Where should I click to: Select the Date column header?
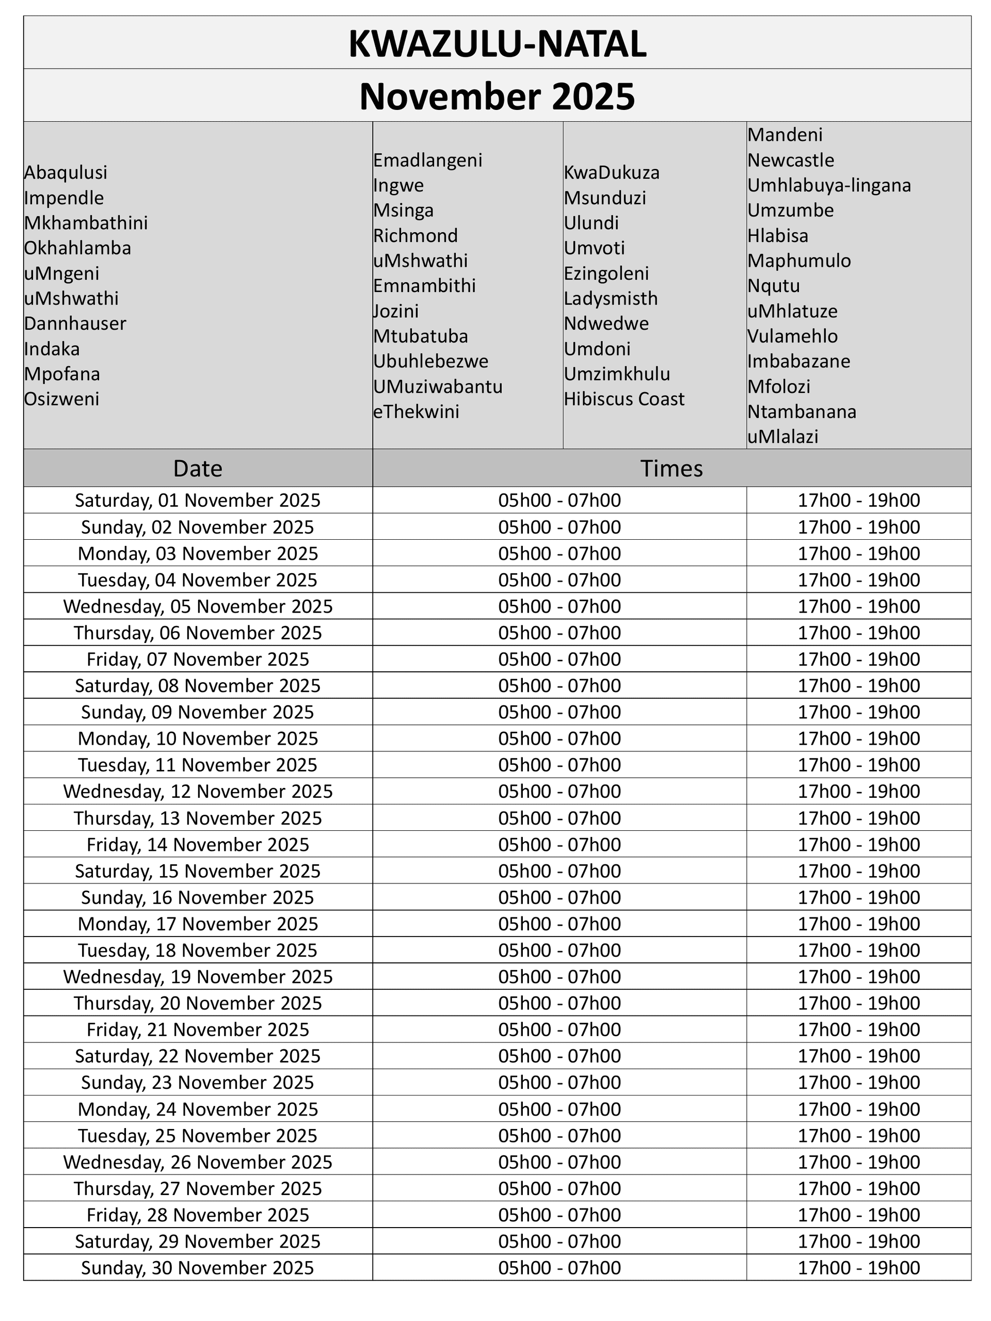(198, 469)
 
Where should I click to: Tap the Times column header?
(672, 469)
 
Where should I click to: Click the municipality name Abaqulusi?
(66, 172)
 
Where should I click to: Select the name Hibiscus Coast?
(624, 399)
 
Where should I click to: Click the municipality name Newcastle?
(791, 160)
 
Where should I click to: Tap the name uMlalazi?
(782, 437)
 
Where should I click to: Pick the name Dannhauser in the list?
(75, 324)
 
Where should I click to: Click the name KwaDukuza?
(612, 172)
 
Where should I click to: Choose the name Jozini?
(396, 311)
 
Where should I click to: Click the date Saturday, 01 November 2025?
(198, 501)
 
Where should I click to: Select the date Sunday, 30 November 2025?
(198, 1268)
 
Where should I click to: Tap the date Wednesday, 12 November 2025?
(198, 791)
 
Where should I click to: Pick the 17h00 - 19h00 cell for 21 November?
(859, 1029)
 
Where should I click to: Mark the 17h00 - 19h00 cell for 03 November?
(859, 554)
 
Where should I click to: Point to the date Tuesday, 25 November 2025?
(198, 1136)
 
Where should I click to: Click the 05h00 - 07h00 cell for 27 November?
(560, 1188)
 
